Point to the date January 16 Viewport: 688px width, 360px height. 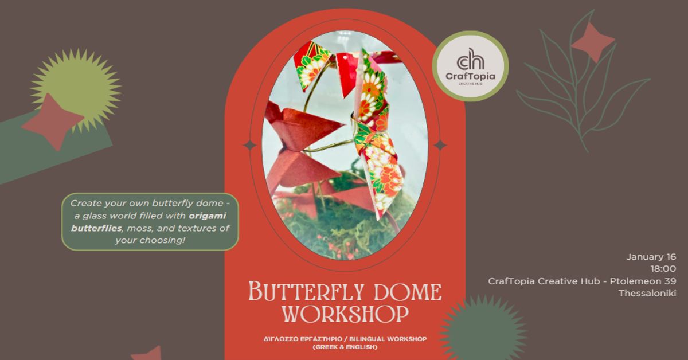[x=652, y=256]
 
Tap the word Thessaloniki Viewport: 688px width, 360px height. [x=647, y=293]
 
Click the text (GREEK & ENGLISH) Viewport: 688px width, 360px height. [x=345, y=347]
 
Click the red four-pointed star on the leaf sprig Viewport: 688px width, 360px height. [x=592, y=42]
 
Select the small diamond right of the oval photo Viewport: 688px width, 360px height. [x=440, y=146]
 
